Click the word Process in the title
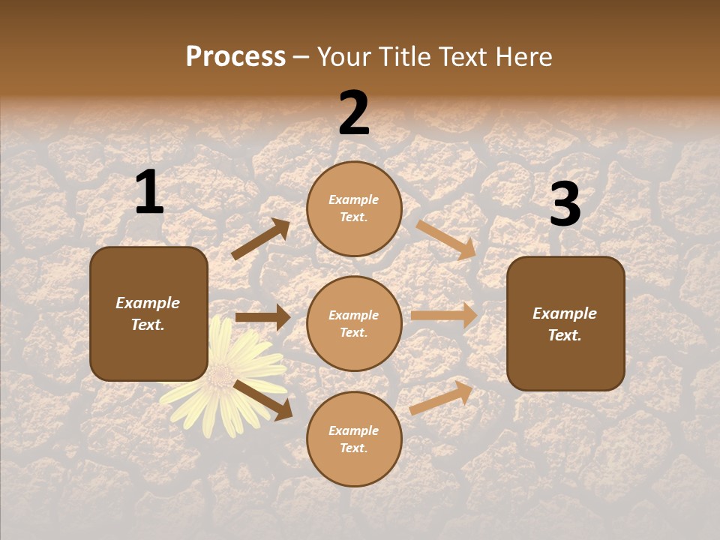pos(235,57)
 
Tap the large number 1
pos(149,193)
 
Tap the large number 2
pos(354,113)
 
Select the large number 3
pos(565,204)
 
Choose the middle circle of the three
pos(354,324)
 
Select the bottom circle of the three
pos(354,439)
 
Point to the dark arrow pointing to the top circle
pos(261,239)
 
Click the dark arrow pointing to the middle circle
pos(262,317)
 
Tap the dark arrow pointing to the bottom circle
pos(262,400)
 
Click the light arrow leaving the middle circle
pos(444,316)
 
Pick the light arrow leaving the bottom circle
pos(441,397)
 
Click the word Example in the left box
pos(148,303)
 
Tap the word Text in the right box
pos(563,335)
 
